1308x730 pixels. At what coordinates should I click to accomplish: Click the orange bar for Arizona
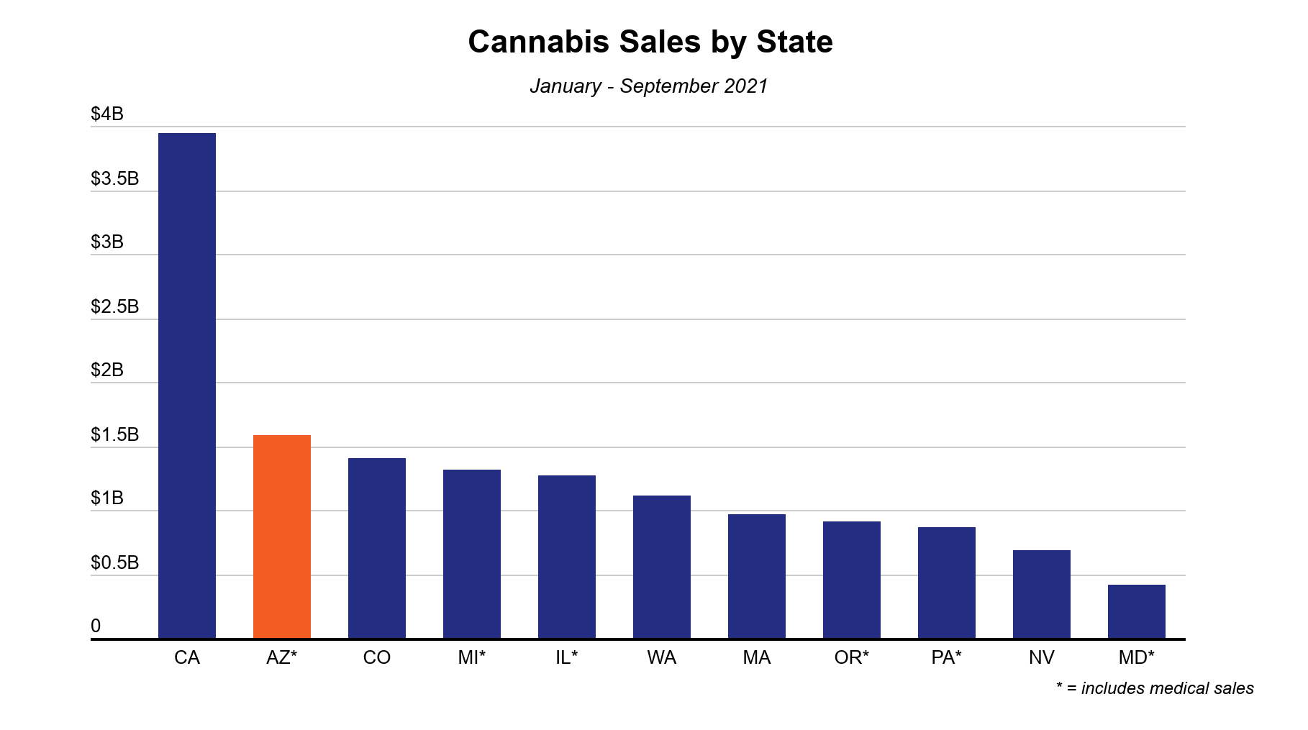point(282,537)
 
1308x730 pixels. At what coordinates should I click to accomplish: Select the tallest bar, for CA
point(187,385)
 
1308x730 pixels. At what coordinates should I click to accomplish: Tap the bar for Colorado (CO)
point(377,548)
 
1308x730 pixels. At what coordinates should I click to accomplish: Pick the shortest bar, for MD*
point(1137,611)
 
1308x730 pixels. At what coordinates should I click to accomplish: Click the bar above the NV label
point(1042,594)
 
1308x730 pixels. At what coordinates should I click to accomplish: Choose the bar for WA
point(662,567)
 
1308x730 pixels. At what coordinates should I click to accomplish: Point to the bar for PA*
point(947,583)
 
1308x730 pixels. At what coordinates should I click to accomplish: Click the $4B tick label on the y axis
point(107,114)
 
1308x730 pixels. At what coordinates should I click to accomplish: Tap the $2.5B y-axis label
point(114,306)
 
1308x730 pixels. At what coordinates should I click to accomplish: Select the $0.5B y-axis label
point(114,562)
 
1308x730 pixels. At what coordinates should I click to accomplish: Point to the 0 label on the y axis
point(96,626)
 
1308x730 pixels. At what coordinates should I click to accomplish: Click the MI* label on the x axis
point(472,657)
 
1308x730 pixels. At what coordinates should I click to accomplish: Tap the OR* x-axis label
point(852,657)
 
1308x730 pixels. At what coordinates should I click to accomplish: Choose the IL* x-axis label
point(567,657)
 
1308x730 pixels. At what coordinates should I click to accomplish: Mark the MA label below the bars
point(757,657)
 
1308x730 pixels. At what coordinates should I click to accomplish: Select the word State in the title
point(794,42)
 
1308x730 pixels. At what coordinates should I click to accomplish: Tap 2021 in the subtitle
point(746,86)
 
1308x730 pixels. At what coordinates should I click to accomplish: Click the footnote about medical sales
point(1155,688)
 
